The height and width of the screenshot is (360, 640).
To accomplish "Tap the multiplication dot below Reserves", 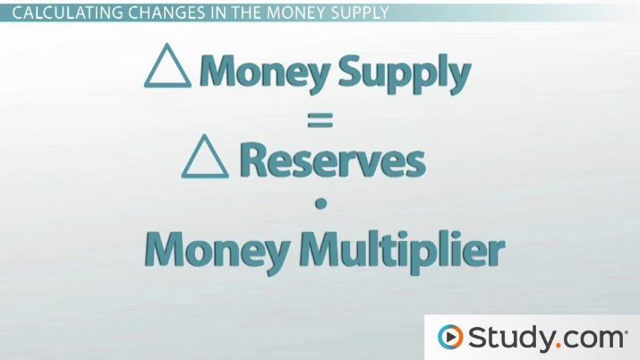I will [x=320, y=205].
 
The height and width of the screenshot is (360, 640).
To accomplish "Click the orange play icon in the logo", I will [x=449, y=338].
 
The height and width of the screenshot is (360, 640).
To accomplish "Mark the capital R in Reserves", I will [x=257, y=161].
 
